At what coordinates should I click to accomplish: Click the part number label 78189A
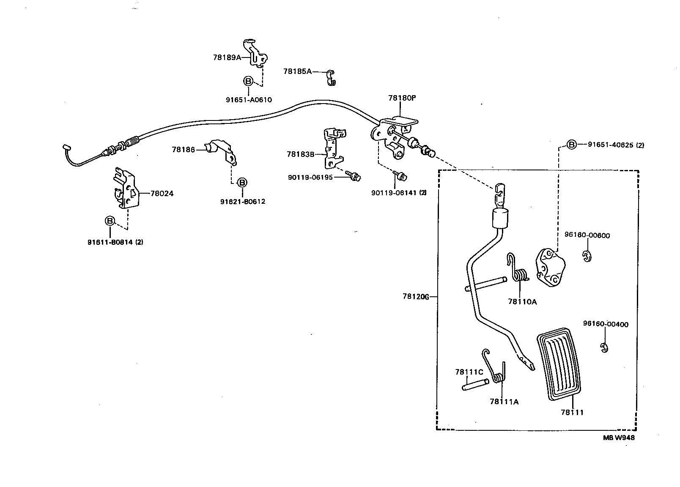(x=227, y=57)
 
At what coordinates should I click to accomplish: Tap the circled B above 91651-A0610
(x=248, y=81)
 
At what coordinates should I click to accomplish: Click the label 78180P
(x=402, y=98)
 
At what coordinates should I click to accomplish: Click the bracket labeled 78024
(x=126, y=189)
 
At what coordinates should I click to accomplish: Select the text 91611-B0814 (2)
(x=115, y=242)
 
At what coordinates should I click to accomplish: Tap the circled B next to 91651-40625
(x=571, y=145)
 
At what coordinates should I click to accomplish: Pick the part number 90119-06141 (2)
(x=399, y=193)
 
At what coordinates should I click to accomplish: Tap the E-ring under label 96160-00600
(x=586, y=256)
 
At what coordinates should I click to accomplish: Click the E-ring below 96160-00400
(x=604, y=347)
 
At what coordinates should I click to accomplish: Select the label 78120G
(x=416, y=297)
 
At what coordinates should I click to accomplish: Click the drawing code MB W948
(x=618, y=438)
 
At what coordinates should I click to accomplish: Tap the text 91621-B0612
(x=242, y=202)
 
